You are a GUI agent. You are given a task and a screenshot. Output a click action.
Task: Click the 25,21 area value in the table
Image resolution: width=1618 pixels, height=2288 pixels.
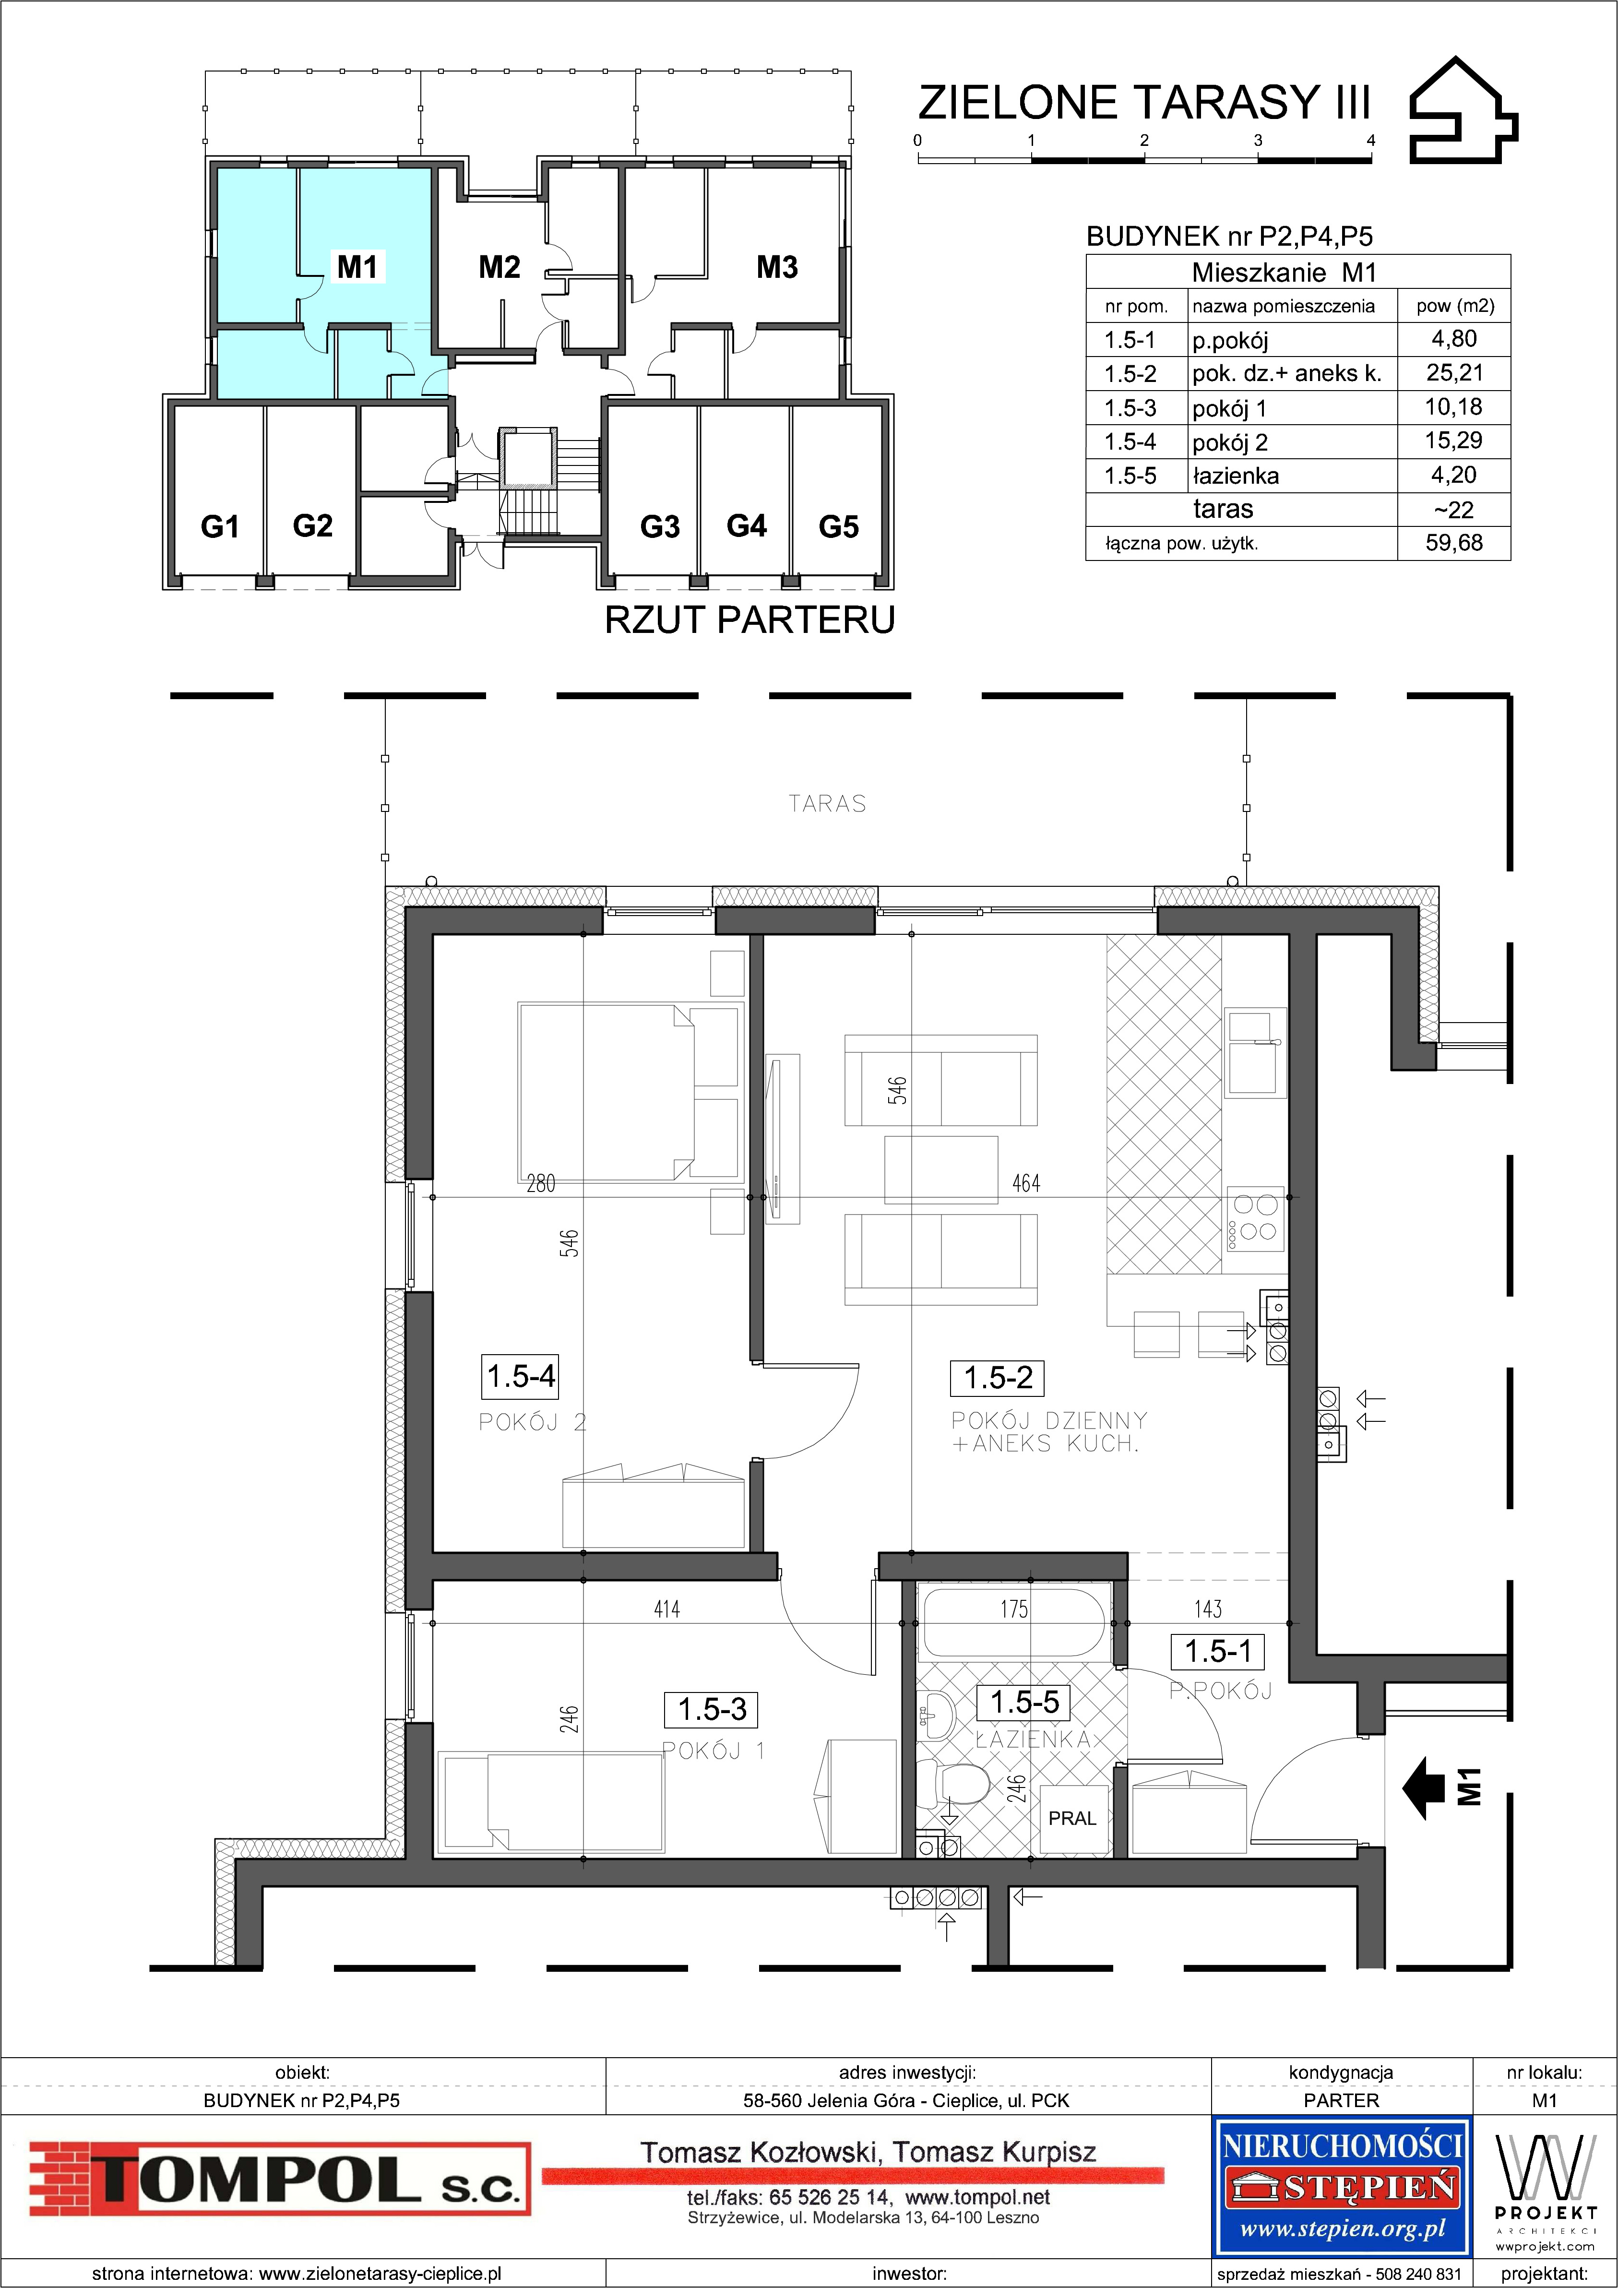click(x=1454, y=374)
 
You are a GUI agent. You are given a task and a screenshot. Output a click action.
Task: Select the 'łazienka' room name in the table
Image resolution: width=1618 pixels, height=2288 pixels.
click(x=1236, y=477)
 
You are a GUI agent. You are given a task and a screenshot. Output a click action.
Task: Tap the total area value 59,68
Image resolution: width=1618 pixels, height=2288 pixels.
click(x=1454, y=543)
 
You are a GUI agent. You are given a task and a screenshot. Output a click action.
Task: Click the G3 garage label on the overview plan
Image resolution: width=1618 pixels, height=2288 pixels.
click(x=660, y=526)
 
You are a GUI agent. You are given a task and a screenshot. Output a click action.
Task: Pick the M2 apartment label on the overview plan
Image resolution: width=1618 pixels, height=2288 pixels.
click(x=499, y=267)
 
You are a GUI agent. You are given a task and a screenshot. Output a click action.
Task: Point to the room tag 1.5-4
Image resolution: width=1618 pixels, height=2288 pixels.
click(x=520, y=1377)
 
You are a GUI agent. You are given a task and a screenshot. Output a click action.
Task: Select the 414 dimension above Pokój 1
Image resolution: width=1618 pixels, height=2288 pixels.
click(x=666, y=1609)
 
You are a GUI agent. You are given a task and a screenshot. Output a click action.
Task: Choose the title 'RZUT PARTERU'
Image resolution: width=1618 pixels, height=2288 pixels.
click(x=749, y=620)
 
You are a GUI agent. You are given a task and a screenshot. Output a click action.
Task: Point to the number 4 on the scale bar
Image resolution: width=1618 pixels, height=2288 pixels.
click(x=1371, y=141)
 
